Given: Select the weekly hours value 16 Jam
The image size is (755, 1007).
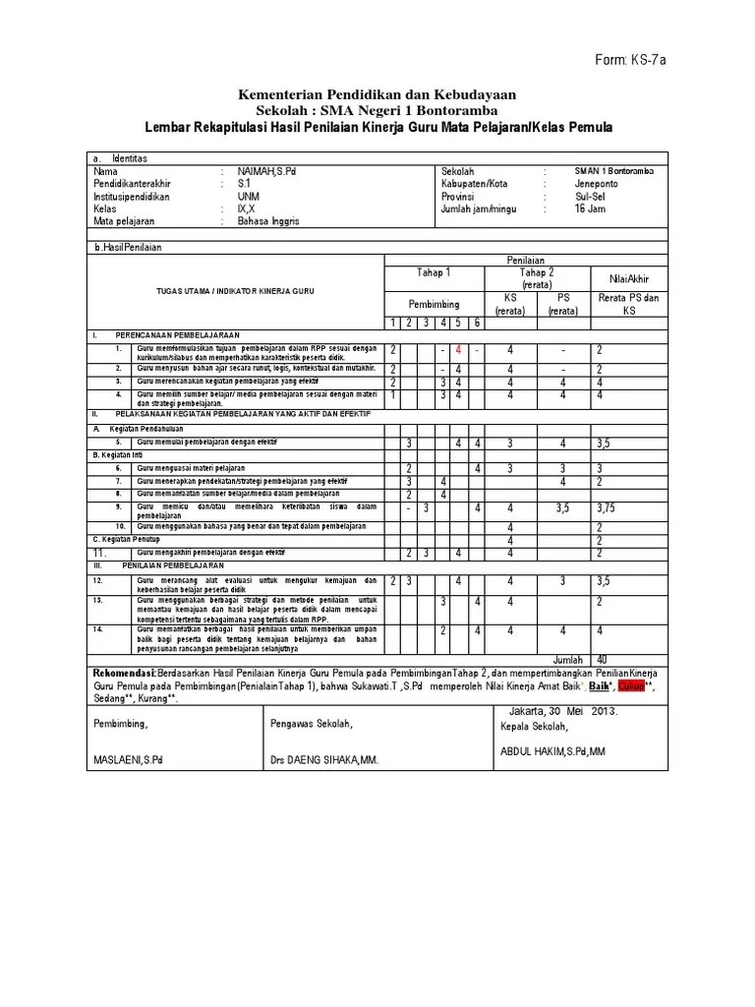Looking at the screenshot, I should tap(591, 209).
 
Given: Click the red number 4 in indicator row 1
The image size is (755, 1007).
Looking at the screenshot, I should tap(458, 350).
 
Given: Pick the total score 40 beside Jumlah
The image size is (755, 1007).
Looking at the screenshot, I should tap(603, 659).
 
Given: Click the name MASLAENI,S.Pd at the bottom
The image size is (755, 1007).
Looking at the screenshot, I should tap(129, 760).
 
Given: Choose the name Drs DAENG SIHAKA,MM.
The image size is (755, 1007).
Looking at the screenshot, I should tap(324, 760).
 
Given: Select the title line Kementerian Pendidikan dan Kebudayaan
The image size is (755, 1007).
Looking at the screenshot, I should tap(377, 93).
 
